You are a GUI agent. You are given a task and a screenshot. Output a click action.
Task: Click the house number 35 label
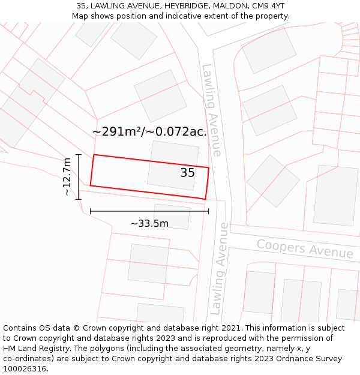point(187,173)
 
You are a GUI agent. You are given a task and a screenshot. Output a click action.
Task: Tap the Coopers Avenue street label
point(305,248)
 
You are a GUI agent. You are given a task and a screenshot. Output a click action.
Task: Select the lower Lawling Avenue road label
point(219,269)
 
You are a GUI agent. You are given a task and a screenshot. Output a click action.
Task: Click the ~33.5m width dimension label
point(149,224)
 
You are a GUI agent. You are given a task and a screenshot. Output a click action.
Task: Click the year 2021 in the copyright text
point(229,328)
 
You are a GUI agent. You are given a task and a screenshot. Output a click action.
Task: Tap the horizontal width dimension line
point(149,211)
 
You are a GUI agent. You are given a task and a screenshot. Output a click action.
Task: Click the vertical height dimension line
point(79,176)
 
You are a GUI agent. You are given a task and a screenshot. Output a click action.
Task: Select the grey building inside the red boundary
point(172,165)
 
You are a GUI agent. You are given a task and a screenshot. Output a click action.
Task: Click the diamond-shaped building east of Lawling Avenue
point(273,181)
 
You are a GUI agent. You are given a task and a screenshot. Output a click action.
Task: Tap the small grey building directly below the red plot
point(172,216)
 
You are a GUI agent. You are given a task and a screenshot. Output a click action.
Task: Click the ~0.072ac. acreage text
point(179,132)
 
